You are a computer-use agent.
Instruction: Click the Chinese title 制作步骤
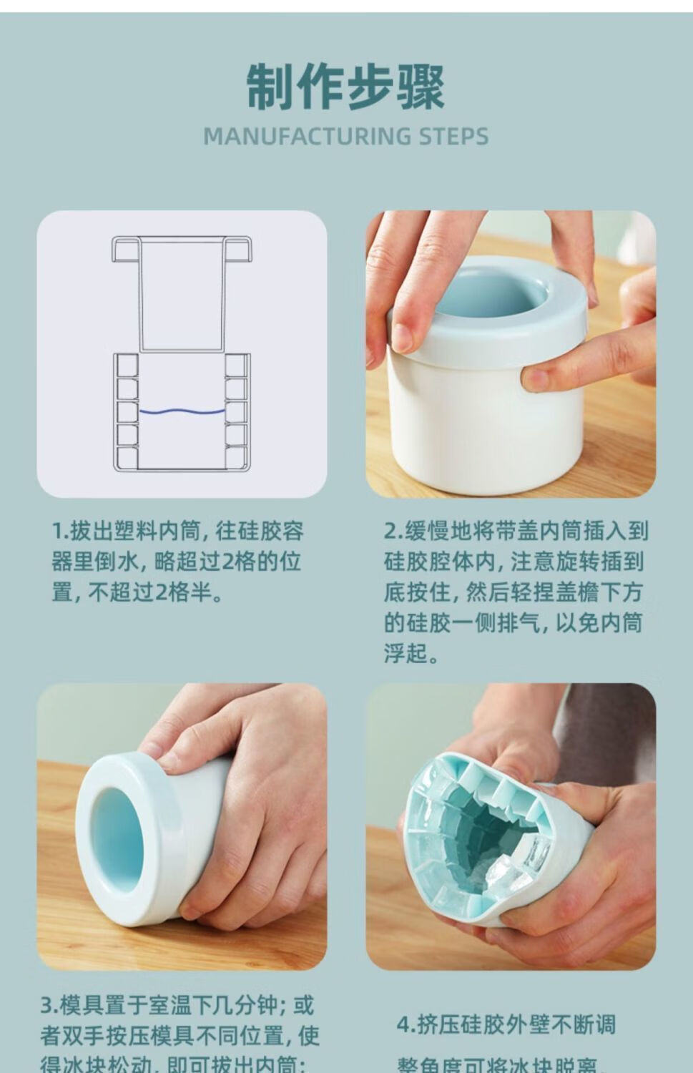click(346, 87)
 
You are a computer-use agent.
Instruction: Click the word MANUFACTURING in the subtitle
click(305, 136)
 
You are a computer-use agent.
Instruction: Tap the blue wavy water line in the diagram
click(181, 412)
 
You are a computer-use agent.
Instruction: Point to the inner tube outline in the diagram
click(182, 293)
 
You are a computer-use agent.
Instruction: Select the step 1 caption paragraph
click(178, 562)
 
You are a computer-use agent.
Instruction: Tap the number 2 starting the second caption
click(390, 532)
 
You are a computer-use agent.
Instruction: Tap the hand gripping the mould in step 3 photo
click(250, 808)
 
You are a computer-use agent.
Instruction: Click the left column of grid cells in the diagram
click(127, 411)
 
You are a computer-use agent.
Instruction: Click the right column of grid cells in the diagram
click(235, 411)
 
